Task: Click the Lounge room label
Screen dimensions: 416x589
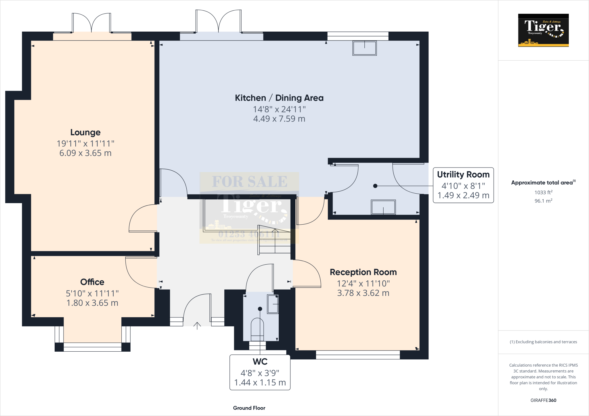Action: tap(85, 132)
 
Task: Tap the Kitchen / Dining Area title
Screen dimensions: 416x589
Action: tap(279, 98)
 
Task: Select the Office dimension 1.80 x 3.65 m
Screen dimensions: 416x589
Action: tap(92, 303)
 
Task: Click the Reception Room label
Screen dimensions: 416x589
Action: tap(363, 272)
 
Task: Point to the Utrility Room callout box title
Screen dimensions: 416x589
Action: tap(463, 175)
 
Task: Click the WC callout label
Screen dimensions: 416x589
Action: tap(260, 361)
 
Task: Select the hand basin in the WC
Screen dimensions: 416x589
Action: tap(273, 304)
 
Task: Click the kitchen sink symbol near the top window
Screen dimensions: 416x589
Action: tap(364, 48)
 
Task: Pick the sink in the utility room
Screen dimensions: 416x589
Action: tap(383, 207)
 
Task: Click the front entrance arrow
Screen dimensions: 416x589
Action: tap(197, 326)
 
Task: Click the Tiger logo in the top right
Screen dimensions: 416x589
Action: tap(543, 30)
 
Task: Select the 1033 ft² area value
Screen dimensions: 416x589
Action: tap(543, 192)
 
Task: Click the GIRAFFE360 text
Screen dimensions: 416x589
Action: tap(543, 400)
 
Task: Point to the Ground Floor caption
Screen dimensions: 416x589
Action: tap(249, 408)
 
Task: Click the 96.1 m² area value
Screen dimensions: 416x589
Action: tap(543, 201)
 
